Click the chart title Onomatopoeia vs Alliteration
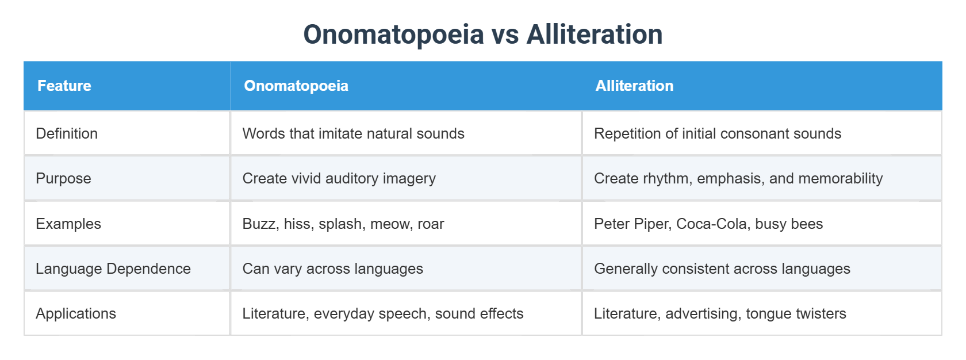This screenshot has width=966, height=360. pyautogui.click(x=483, y=34)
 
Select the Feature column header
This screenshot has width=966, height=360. pyautogui.click(x=64, y=86)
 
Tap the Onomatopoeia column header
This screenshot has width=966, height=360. pyautogui.click(x=296, y=86)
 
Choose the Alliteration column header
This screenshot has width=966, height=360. pyautogui.click(x=634, y=86)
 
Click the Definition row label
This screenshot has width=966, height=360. pyautogui.click(x=67, y=133)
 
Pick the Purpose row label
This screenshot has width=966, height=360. pyautogui.click(x=63, y=178)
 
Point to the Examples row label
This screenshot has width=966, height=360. pyautogui.click(x=68, y=224)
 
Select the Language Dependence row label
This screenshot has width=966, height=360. pyautogui.click(x=113, y=269)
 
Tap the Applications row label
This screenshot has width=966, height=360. pyautogui.click(x=76, y=313)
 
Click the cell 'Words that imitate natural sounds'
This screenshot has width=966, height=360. pyautogui.click(x=353, y=133)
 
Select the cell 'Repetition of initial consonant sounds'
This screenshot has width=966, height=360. pyautogui.click(x=717, y=133)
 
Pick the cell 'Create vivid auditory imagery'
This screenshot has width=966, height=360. pyautogui.click(x=339, y=178)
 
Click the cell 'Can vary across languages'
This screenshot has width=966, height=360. pyautogui.click(x=332, y=269)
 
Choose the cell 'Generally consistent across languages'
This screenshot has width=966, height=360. pyautogui.click(x=722, y=269)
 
